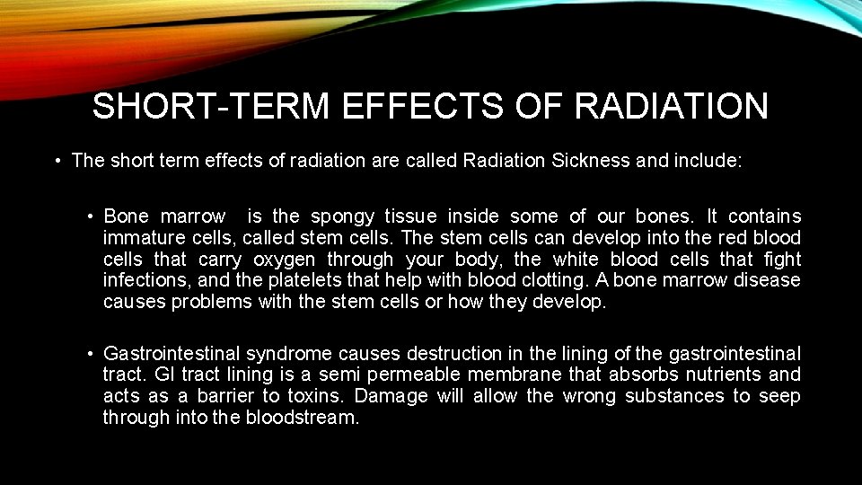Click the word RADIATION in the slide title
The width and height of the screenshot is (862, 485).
(x=672, y=107)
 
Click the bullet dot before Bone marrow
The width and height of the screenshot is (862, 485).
(x=92, y=216)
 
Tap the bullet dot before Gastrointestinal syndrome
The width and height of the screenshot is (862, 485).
(x=92, y=354)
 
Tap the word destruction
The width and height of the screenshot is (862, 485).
(x=453, y=354)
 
